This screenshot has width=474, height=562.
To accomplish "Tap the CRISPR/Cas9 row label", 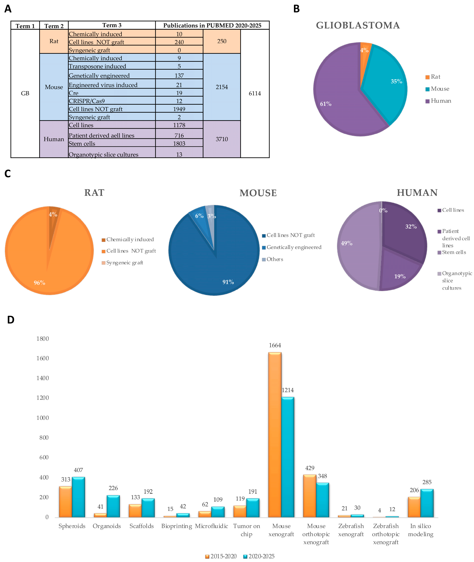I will tap(87, 101).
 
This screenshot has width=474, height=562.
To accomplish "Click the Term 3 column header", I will tap(112, 25).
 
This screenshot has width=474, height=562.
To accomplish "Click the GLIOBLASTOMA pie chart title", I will tap(358, 26).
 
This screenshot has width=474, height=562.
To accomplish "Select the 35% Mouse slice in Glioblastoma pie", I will tap(387, 83).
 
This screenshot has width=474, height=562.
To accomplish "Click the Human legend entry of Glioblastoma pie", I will tap(441, 101).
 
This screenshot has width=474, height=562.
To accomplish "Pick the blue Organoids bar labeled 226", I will tap(113, 506).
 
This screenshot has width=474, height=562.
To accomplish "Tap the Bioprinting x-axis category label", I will tap(177, 526).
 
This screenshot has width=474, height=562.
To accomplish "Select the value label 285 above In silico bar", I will tap(427, 482).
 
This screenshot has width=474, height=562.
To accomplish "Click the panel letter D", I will tap(11, 320).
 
